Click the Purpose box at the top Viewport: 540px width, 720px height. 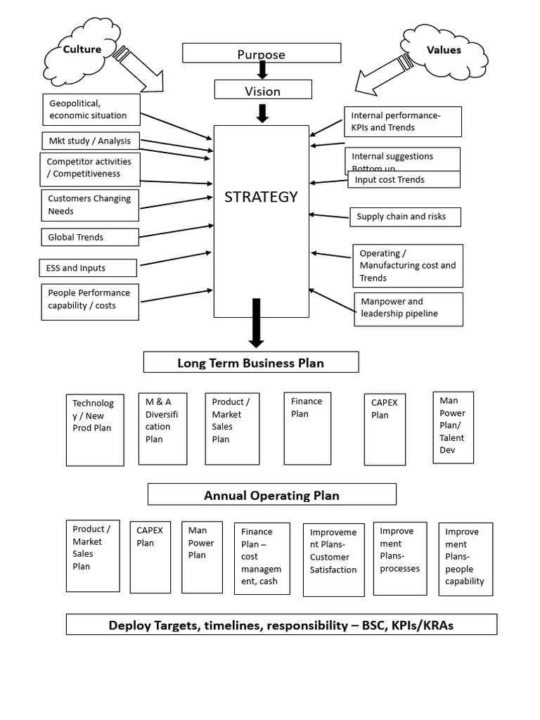pos(262,53)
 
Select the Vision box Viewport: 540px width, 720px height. pos(262,90)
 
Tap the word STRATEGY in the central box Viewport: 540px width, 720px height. pos(261,197)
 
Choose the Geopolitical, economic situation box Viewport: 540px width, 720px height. pos(90,110)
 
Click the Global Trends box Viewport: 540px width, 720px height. pos(90,237)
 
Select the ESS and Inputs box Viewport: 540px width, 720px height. pos(86,267)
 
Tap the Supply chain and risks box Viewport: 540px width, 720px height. pos(406,217)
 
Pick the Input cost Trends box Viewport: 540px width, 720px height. pos(404,180)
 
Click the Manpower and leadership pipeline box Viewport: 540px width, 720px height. pos(408,309)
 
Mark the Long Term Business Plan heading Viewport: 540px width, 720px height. pos(251,363)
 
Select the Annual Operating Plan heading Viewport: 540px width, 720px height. pos(271,495)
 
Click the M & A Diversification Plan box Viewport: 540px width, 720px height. pos(162,428)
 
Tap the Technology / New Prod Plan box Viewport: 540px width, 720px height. pos(95,429)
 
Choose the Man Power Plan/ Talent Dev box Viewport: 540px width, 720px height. pos(453,427)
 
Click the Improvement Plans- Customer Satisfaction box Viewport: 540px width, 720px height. pos(334,560)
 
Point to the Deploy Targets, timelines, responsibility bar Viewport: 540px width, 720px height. pos(281,625)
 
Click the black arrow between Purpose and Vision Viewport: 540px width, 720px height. pos(262,70)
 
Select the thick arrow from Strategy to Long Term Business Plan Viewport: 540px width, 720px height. pos(256,323)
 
